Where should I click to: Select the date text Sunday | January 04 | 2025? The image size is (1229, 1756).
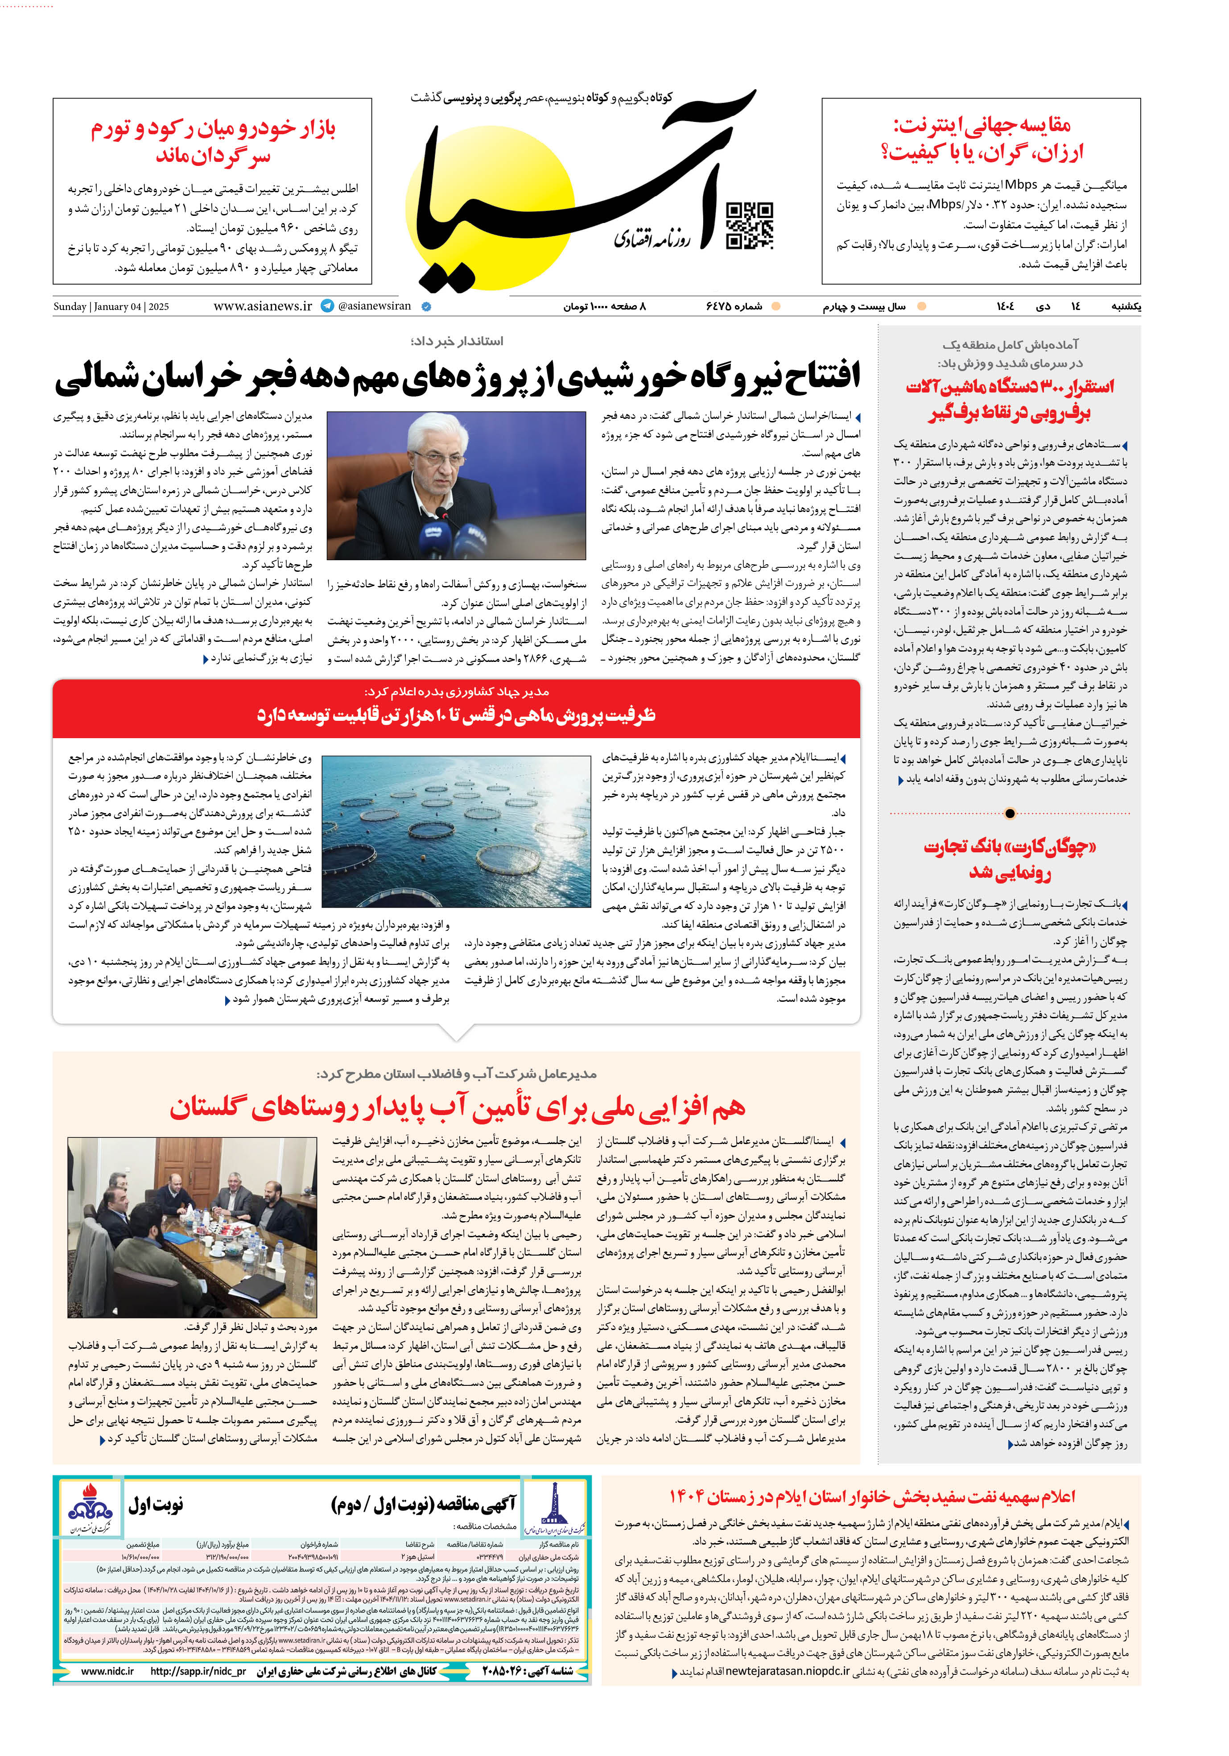[111, 307]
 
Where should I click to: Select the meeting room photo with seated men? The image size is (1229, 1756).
[192, 1226]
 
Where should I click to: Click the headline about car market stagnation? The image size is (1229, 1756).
[213, 141]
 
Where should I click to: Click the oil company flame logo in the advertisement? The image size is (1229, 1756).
[90, 1506]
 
